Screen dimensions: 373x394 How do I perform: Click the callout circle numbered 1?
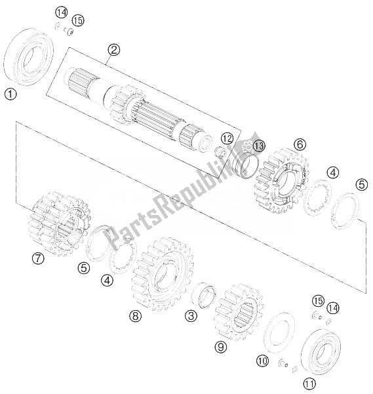[10, 94]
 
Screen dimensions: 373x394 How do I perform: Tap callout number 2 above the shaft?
[114, 50]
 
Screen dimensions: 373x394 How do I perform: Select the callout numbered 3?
[191, 315]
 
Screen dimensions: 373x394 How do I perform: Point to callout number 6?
[300, 144]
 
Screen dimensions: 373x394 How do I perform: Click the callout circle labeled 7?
[38, 258]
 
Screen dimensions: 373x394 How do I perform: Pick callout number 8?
[136, 316]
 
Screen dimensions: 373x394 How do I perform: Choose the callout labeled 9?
[221, 347]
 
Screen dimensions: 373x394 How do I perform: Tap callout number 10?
[262, 361]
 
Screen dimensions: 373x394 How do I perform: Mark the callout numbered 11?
[309, 384]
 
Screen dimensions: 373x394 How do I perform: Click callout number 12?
[227, 138]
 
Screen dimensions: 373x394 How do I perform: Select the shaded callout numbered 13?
[259, 146]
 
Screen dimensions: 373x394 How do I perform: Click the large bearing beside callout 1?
[29, 58]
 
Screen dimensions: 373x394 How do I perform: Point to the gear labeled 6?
[282, 180]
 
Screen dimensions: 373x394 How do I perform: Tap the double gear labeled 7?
[59, 223]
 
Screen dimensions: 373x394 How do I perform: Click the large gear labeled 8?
[163, 274]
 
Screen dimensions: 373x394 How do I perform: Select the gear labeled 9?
[239, 313]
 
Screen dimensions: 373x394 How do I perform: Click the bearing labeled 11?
[321, 351]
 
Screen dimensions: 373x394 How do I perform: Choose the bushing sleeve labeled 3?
[204, 295]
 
